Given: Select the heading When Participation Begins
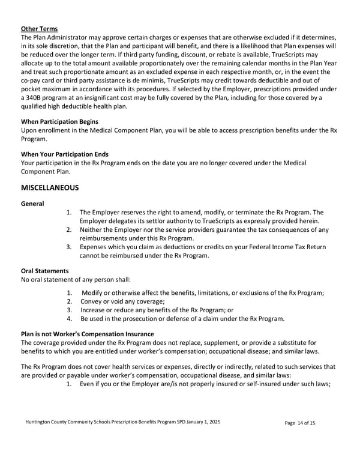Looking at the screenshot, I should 59,121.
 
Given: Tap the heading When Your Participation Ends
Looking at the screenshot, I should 64,154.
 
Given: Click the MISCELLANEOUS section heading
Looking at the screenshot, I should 50,187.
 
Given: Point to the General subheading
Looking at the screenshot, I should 32,204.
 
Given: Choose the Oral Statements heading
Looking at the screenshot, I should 44,270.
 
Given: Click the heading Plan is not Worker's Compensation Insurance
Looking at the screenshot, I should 87,334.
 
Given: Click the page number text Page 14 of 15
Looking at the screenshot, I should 300,423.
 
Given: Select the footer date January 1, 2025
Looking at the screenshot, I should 200,423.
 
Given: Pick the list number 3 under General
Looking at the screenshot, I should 69,247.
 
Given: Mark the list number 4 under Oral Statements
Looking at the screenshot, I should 69,318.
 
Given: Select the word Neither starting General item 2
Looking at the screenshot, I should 92,229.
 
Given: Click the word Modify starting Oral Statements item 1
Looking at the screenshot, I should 92,292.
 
